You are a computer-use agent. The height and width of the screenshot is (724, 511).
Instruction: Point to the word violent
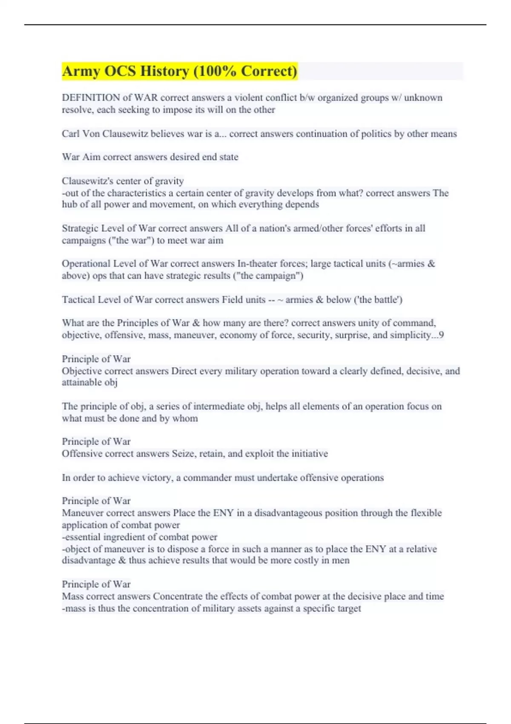click(x=248, y=98)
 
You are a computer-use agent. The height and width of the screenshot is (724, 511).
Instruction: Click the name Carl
click(x=71, y=134)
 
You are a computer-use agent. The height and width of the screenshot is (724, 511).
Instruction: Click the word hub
click(x=69, y=204)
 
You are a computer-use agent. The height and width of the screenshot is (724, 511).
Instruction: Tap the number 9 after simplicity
click(x=441, y=335)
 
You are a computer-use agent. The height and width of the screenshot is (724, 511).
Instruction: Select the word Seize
click(x=184, y=454)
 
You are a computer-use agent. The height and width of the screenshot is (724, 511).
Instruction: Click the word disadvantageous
click(x=288, y=513)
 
